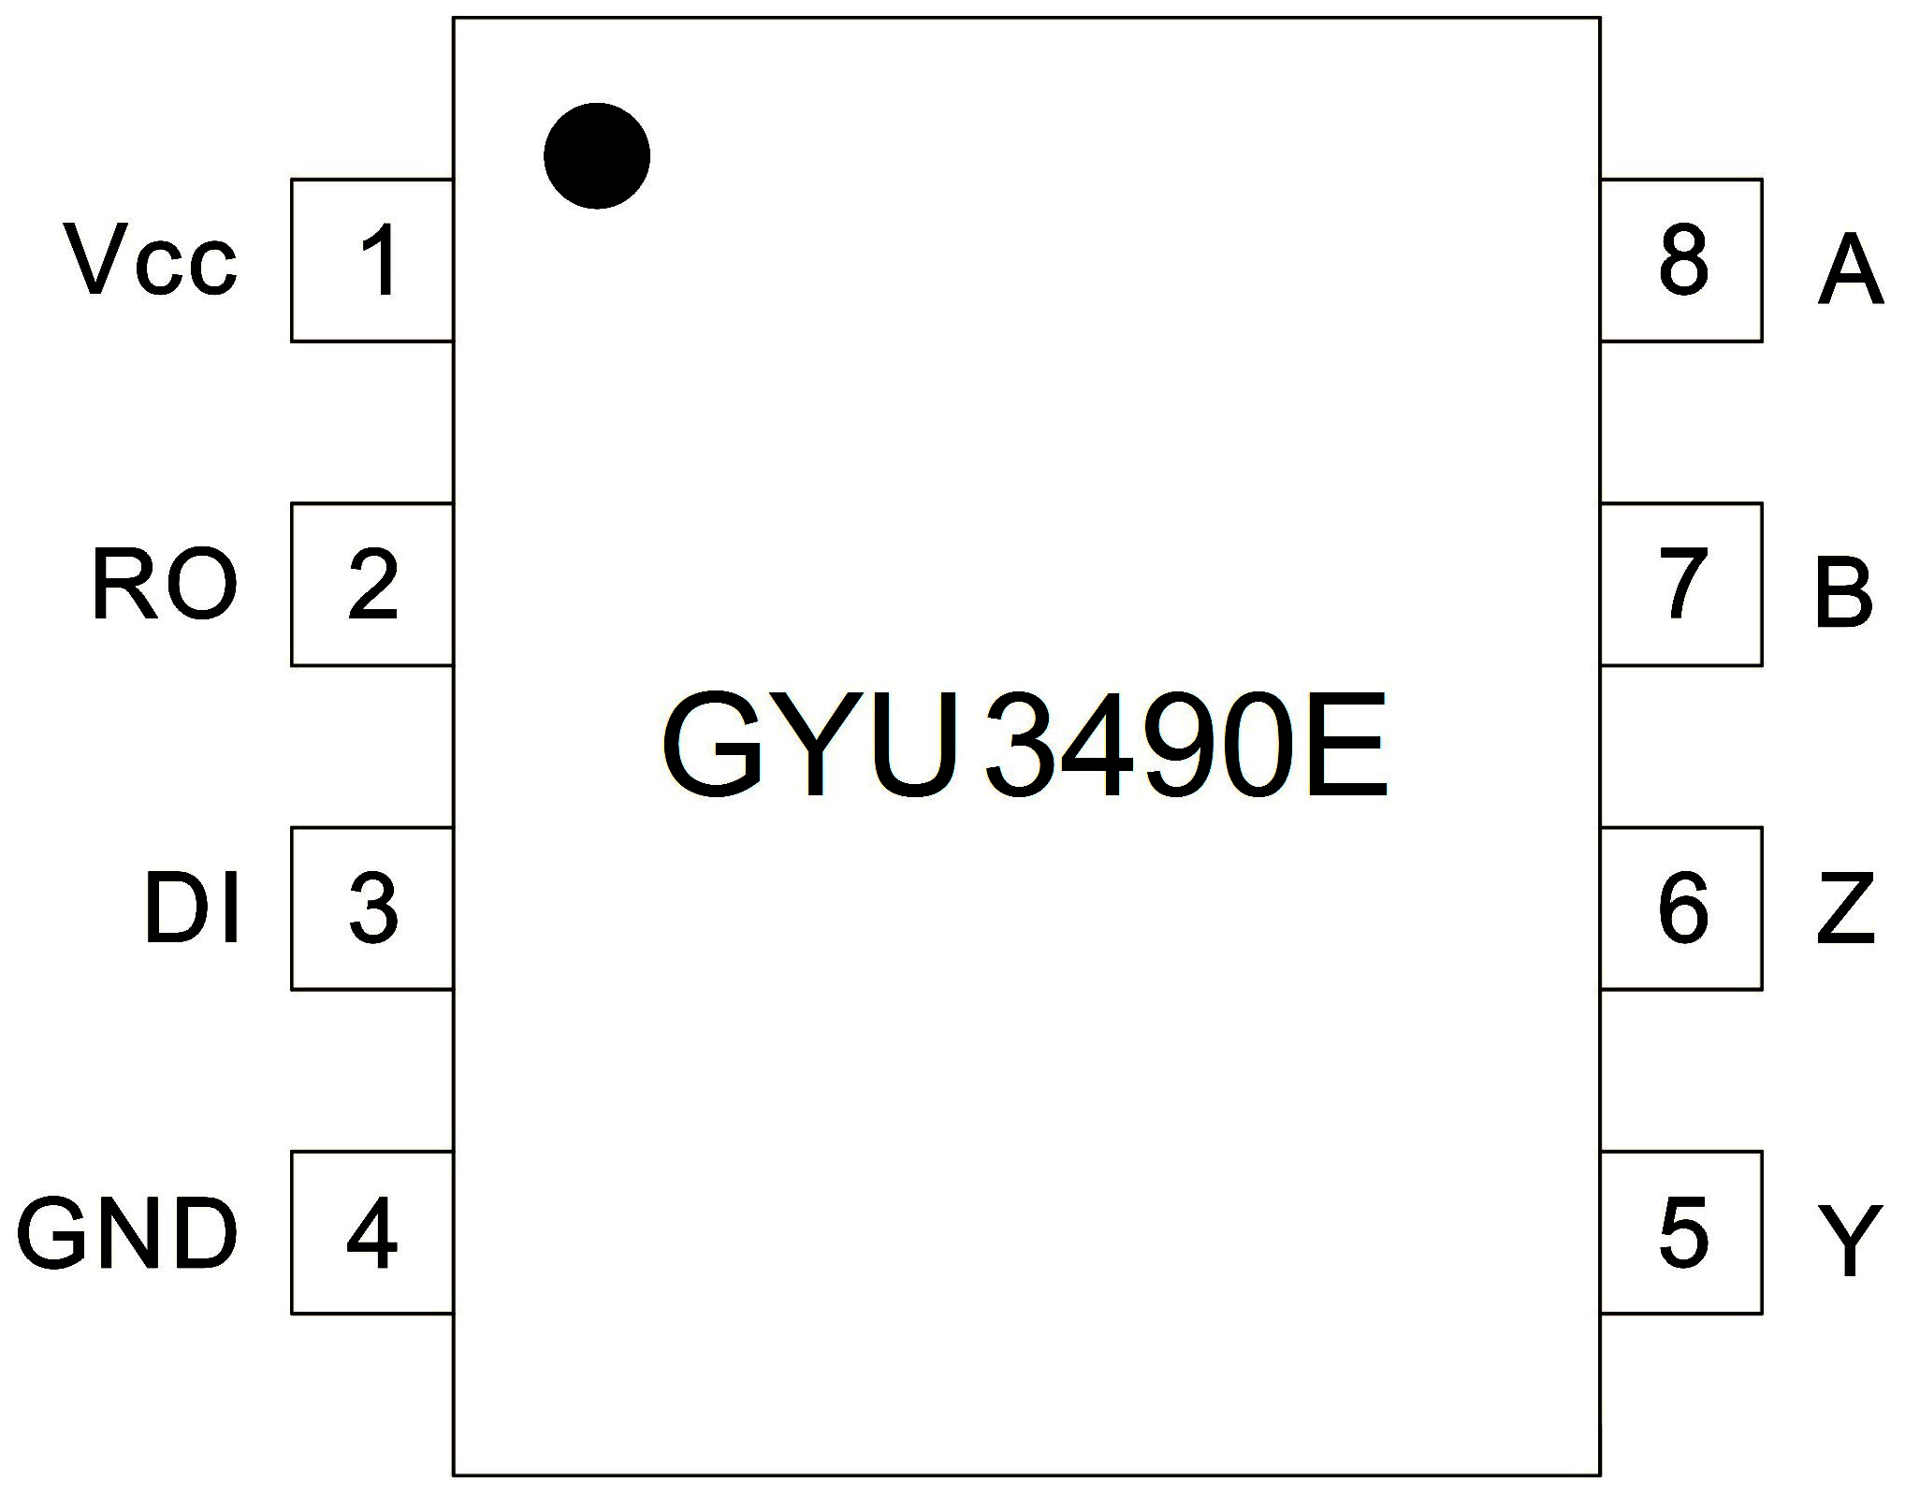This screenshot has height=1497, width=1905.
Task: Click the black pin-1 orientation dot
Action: (x=597, y=156)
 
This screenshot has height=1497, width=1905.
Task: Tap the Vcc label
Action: (x=151, y=259)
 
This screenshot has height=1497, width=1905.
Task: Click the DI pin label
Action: (x=193, y=908)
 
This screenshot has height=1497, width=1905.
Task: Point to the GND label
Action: (x=128, y=1233)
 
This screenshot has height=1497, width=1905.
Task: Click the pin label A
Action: (x=1850, y=271)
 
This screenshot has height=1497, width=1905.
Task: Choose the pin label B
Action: (x=1843, y=593)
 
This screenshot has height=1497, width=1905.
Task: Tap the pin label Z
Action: (x=1846, y=908)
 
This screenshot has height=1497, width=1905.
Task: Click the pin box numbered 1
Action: (x=372, y=260)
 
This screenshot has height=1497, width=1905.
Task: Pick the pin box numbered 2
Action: (x=372, y=585)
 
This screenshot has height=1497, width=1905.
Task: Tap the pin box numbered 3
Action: (x=372, y=908)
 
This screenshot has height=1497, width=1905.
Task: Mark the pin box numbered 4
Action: (x=372, y=1232)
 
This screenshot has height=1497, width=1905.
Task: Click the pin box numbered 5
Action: (x=1681, y=1232)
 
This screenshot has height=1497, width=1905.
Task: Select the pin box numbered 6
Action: (x=1681, y=908)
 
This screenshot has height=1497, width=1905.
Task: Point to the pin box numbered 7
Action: (x=1681, y=585)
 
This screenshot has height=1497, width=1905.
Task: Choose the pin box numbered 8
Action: (x=1681, y=260)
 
